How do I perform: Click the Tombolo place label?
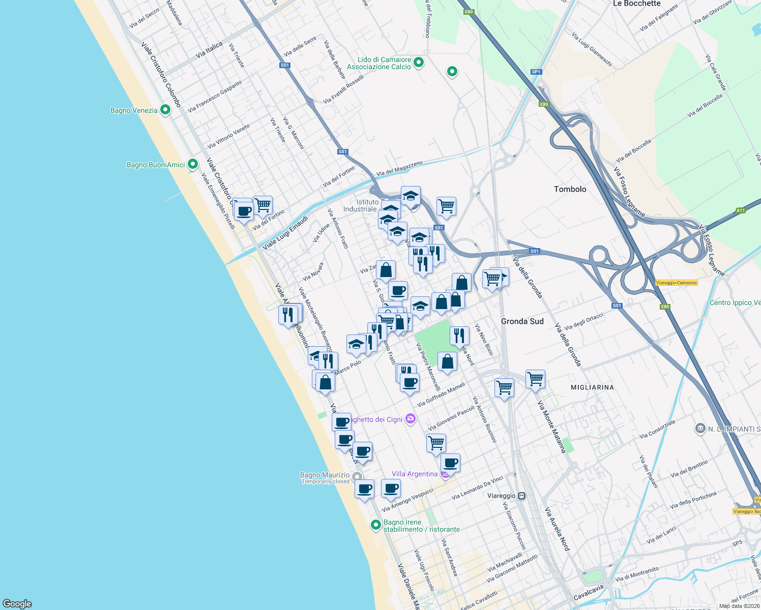click(570, 189)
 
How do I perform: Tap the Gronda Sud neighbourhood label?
click(522, 321)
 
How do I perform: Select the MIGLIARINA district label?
click(592, 387)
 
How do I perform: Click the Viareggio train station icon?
click(521, 496)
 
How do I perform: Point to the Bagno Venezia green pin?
click(165, 110)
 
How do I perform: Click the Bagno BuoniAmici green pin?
click(192, 164)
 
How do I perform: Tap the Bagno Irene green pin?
click(376, 525)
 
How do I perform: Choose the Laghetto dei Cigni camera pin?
click(411, 419)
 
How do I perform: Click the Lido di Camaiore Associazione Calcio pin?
click(419, 63)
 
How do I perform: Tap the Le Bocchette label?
click(636, 4)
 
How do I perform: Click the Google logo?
click(17, 604)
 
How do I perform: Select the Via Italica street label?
click(209, 50)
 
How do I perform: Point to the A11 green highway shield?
click(740, 210)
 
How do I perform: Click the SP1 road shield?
click(536, 72)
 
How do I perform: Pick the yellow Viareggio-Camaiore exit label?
click(676, 283)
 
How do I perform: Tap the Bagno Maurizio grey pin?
click(357, 476)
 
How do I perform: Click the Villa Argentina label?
click(415, 474)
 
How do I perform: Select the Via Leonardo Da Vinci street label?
click(477, 487)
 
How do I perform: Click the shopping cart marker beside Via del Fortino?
click(262, 205)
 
